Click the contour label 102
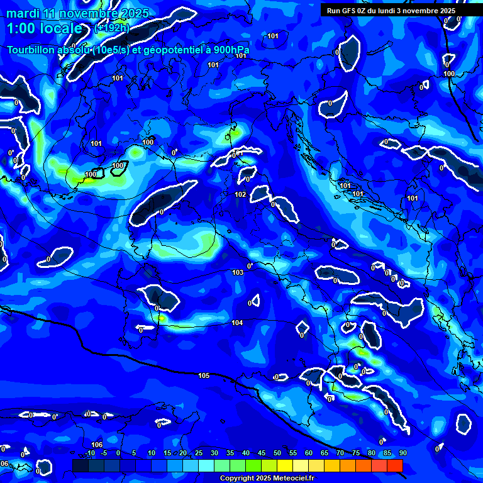[x=240, y=194]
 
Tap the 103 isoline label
[x=238, y=272]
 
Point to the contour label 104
[x=237, y=323]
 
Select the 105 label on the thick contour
[x=204, y=375]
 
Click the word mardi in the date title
[x=22, y=14]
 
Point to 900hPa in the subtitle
[x=227, y=50]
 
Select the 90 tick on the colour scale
[x=402, y=453]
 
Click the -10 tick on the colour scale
[x=90, y=453]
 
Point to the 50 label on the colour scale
[x=277, y=453]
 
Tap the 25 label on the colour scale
[x=199, y=453]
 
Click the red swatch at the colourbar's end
[x=394, y=465]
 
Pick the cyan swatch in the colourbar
[x=206, y=465]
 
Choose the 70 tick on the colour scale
[x=340, y=453]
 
